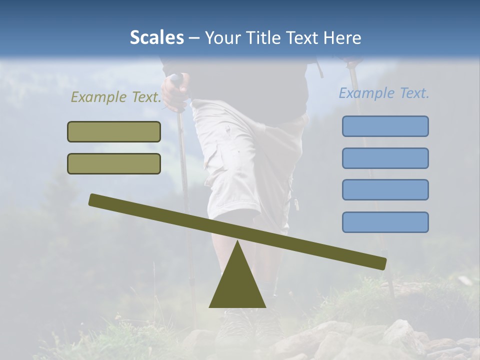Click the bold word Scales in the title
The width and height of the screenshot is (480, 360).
pyautogui.click(x=156, y=37)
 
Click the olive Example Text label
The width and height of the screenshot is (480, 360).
pyautogui.click(x=116, y=97)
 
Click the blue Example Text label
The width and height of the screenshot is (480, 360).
pyautogui.click(x=384, y=93)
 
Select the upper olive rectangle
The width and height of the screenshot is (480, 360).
pyautogui.click(x=114, y=131)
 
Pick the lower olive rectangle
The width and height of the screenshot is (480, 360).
pyautogui.click(x=114, y=163)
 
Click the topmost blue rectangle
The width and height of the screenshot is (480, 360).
pyautogui.click(x=385, y=126)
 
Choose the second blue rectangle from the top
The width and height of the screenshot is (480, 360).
pyautogui.click(x=385, y=158)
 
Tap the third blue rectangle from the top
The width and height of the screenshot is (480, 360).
pyautogui.click(x=385, y=190)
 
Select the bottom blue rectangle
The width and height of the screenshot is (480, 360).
pyautogui.click(x=385, y=222)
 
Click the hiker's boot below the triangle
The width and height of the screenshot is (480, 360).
pyautogui.click(x=235, y=325)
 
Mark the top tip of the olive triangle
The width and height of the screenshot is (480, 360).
pyautogui.click(x=237, y=242)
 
